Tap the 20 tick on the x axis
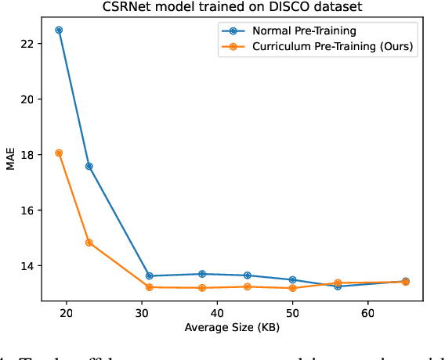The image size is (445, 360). (x=67, y=312)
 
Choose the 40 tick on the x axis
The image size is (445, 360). (x=217, y=312)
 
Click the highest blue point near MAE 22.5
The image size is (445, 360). (x=59, y=30)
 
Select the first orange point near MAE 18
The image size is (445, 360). (x=59, y=153)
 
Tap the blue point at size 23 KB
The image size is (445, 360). (x=89, y=166)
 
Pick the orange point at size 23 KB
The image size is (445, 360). (x=89, y=243)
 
